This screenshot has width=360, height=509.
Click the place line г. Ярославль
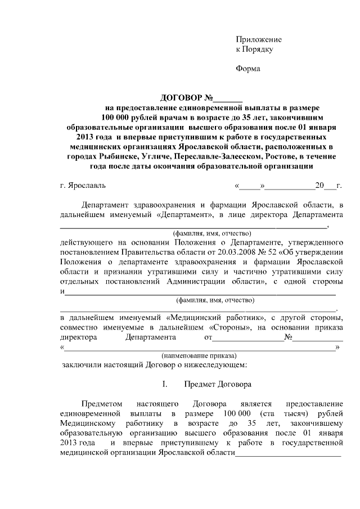click(82, 185)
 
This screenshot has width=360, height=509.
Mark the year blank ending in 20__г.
click(328, 185)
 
